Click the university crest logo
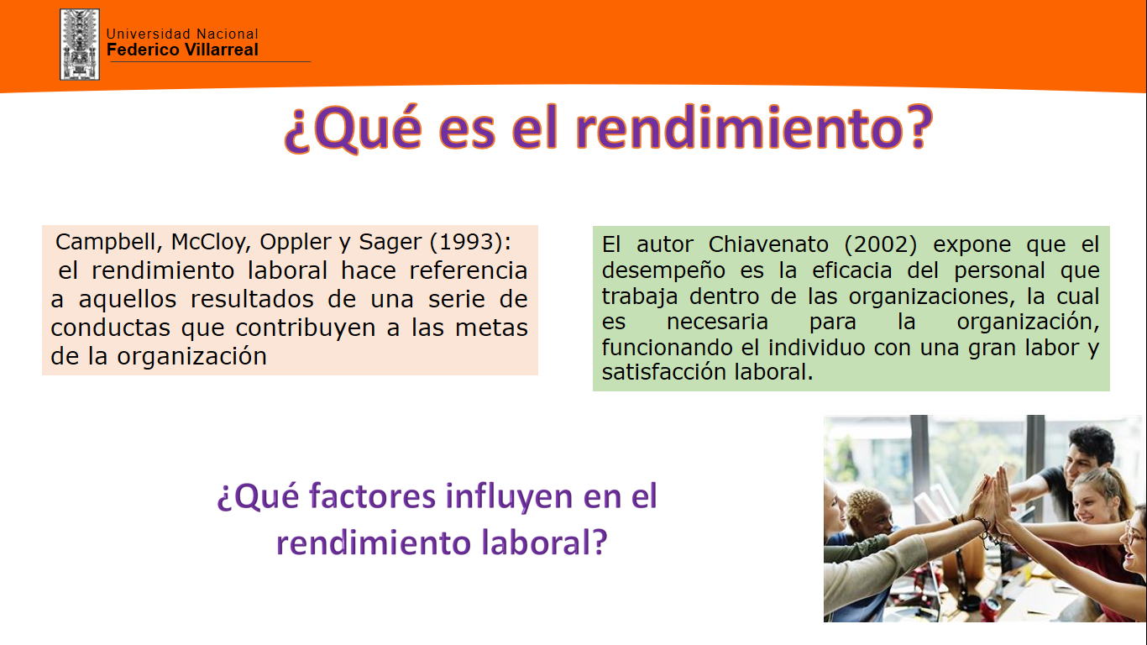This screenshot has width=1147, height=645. tap(80, 44)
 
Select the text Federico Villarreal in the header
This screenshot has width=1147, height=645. tap(182, 50)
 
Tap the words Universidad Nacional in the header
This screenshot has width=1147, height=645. tap(182, 34)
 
